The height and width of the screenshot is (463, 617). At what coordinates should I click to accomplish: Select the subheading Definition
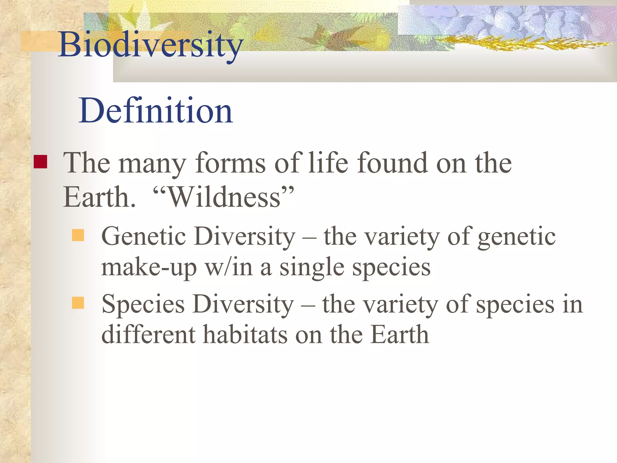pos(156,111)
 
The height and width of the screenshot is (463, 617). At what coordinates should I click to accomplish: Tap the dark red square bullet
pos(40,162)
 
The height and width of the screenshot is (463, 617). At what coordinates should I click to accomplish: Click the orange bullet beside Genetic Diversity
pos(78,235)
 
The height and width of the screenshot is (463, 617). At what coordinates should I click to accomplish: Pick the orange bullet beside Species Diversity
pos(78,303)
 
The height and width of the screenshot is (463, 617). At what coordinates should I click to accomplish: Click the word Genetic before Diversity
pos(143,236)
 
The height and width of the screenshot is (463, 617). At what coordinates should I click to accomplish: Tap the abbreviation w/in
pos(229,268)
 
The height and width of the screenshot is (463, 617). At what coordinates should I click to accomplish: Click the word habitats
pos(245,335)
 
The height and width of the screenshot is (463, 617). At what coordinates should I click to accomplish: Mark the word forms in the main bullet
pos(230,163)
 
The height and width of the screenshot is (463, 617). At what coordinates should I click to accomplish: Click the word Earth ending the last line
pos(399,335)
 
